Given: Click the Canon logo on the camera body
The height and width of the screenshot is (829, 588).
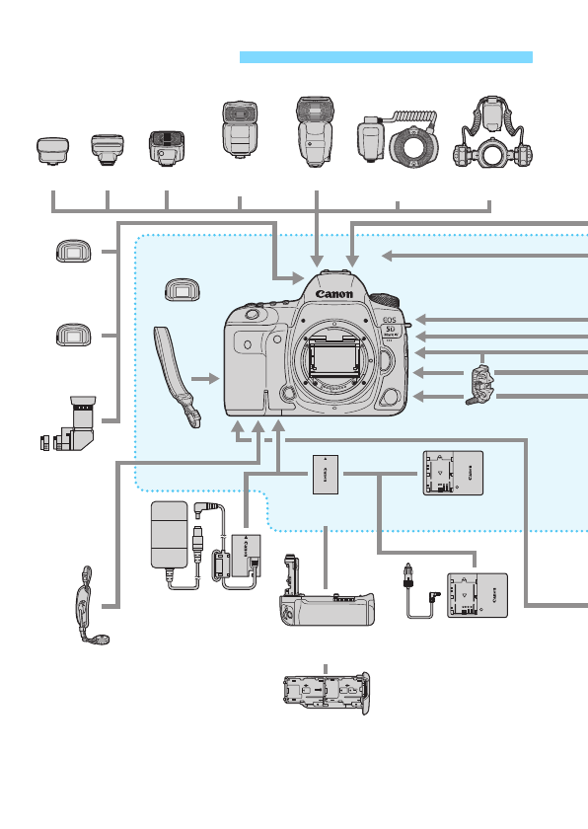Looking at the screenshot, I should click(x=334, y=293).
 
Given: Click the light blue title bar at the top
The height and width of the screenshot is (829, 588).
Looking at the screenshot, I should click(x=386, y=57).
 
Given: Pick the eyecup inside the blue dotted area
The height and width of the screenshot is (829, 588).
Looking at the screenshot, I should click(x=179, y=291).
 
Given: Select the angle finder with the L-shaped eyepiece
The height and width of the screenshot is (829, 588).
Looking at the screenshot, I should click(x=78, y=424).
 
